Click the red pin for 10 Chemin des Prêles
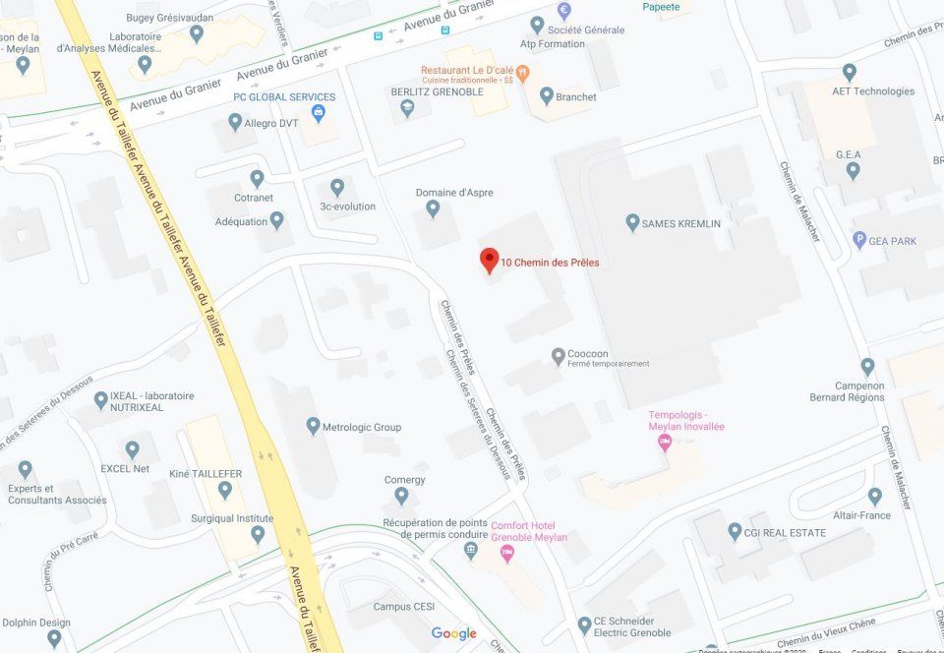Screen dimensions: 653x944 [489, 261]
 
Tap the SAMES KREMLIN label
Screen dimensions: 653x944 [680, 223]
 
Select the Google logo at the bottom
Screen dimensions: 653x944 [453, 633]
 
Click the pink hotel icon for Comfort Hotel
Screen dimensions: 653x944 [507, 554]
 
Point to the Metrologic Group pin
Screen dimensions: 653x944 [314, 426]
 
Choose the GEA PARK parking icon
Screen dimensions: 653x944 [859, 239]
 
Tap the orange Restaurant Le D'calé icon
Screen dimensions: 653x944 [523, 71]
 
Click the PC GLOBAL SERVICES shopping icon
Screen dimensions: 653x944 [318, 113]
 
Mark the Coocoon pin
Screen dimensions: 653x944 [559, 355]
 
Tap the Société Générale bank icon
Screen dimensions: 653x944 [564, 11]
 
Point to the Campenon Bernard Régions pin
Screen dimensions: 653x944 [867, 366]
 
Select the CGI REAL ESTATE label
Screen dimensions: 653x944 [785, 532]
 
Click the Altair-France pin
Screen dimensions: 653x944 [875, 497]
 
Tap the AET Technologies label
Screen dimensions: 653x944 [873, 91]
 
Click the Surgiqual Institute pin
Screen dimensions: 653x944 [258, 534]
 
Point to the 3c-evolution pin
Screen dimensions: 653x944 [337, 187]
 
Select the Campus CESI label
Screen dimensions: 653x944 [403, 607]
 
